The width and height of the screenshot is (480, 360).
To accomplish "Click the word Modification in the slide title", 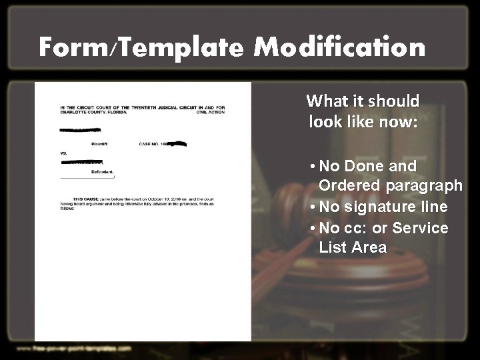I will pyautogui.click(x=340, y=48).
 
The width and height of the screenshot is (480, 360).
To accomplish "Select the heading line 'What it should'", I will pyautogui.click(x=363, y=101).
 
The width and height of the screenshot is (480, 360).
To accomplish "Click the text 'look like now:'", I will pyautogui.click(x=363, y=122).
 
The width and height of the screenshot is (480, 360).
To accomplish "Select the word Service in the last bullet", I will pyautogui.click(x=420, y=228).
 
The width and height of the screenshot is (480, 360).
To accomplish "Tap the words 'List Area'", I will pyautogui.click(x=353, y=247).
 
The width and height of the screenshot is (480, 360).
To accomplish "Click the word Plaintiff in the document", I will pyautogui.click(x=99, y=144).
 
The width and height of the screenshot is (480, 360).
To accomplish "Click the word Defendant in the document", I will pyautogui.click(x=102, y=172).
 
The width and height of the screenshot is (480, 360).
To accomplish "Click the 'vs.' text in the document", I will pyautogui.click(x=64, y=153).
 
